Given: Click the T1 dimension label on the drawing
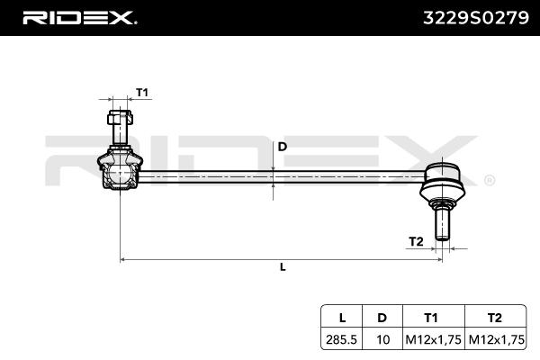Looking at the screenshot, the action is (142, 92).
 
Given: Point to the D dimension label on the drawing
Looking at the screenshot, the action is (282, 146).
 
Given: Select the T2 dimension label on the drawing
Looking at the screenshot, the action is (416, 241).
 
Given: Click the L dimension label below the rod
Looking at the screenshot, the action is (283, 267).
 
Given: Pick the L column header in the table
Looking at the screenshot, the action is (342, 317).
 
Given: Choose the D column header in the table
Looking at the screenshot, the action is (382, 317).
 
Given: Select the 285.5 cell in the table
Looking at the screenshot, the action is (342, 339).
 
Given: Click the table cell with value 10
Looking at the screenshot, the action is (382, 339).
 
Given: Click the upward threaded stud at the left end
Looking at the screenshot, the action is (119, 126).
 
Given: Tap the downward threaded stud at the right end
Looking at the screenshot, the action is (443, 220).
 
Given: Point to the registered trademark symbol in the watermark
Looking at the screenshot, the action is (489, 180).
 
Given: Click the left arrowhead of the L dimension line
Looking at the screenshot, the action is (124, 259).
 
